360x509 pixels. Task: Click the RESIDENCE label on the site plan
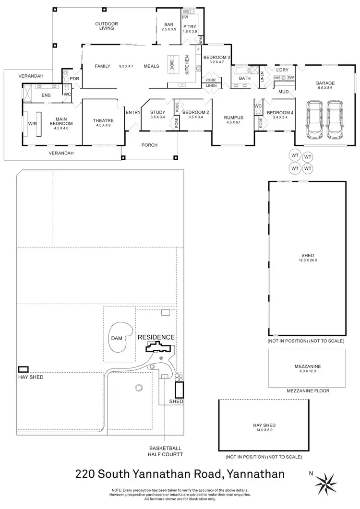click(156, 337)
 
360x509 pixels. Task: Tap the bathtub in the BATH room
click(244, 71)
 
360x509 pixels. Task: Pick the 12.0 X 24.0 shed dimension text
click(307, 260)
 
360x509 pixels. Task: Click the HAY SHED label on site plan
click(30, 378)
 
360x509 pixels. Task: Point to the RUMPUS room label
click(234, 118)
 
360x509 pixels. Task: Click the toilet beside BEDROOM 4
click(258, 112)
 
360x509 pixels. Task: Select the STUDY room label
click(157, 112)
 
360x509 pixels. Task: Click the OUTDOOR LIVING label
click(107, 26)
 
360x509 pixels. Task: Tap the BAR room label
click(169, 24)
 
